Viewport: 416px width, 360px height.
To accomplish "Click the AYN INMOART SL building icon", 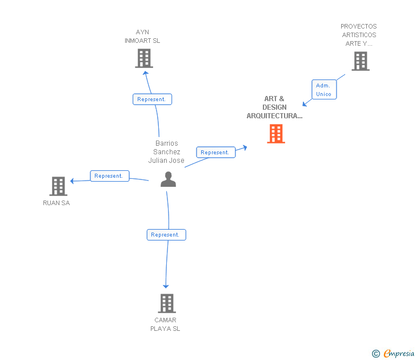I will click(144, 58).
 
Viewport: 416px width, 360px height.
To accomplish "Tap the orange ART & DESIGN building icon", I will click(276, 134).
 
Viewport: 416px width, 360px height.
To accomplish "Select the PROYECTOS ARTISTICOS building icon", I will click(360, 61).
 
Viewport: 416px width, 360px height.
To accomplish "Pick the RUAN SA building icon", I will click(58, 186).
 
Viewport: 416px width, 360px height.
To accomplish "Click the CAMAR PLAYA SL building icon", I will click(166, 303).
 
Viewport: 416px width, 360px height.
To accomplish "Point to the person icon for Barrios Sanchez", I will click(168, 179).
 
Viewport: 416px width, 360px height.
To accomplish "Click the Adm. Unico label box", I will click(323, 90).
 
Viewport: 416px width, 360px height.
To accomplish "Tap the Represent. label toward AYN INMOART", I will click(152, 99).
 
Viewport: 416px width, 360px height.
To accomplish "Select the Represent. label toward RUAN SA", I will click(109, 176).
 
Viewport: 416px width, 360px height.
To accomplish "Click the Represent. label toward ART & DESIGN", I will click(215, 153).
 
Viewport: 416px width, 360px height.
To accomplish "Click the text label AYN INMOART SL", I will click(142, 37).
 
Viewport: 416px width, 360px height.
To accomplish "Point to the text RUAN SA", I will click(57, 203).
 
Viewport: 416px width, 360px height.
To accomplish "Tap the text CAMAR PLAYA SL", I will click(165, 325).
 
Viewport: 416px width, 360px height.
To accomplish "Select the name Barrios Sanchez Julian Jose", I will click(167, 152).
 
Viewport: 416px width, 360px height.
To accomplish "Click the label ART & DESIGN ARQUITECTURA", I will click(275, 107).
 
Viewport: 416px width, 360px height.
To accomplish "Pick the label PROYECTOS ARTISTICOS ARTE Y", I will click(359, 35).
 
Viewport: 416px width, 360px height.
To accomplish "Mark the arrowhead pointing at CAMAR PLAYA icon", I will click(166, 286).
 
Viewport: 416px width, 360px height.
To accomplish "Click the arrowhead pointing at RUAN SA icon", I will click(73, 181).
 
